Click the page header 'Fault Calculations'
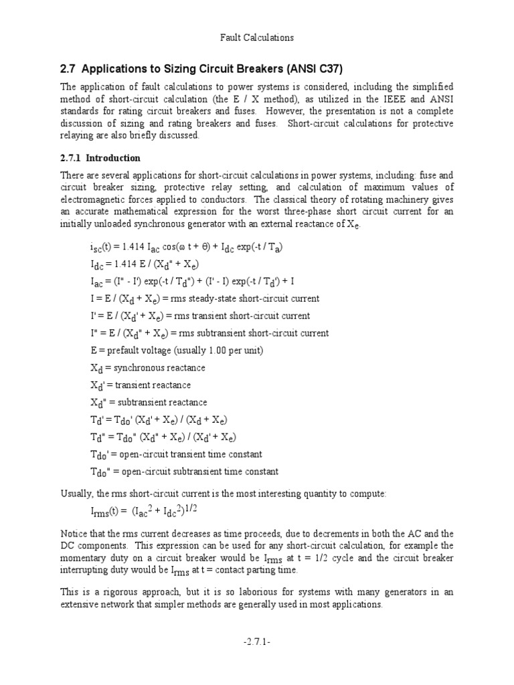[x=257, y=37]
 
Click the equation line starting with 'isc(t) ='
[x=186, y=247]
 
